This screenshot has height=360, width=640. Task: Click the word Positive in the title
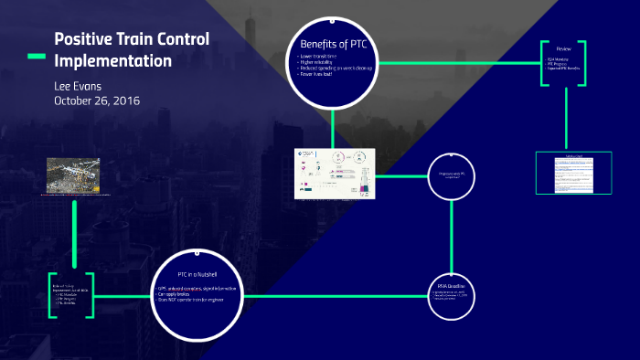pyautogui.click(x=83, y=40)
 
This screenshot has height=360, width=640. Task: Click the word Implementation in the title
pyautogui.click(x=112, y=61)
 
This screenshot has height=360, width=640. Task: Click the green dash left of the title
pyautogui.click(x=34, y=57)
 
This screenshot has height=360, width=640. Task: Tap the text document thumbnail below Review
pyautogui.click(x=573, y=173)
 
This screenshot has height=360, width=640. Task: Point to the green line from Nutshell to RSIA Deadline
pyautogui.click(x=338, y=297)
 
